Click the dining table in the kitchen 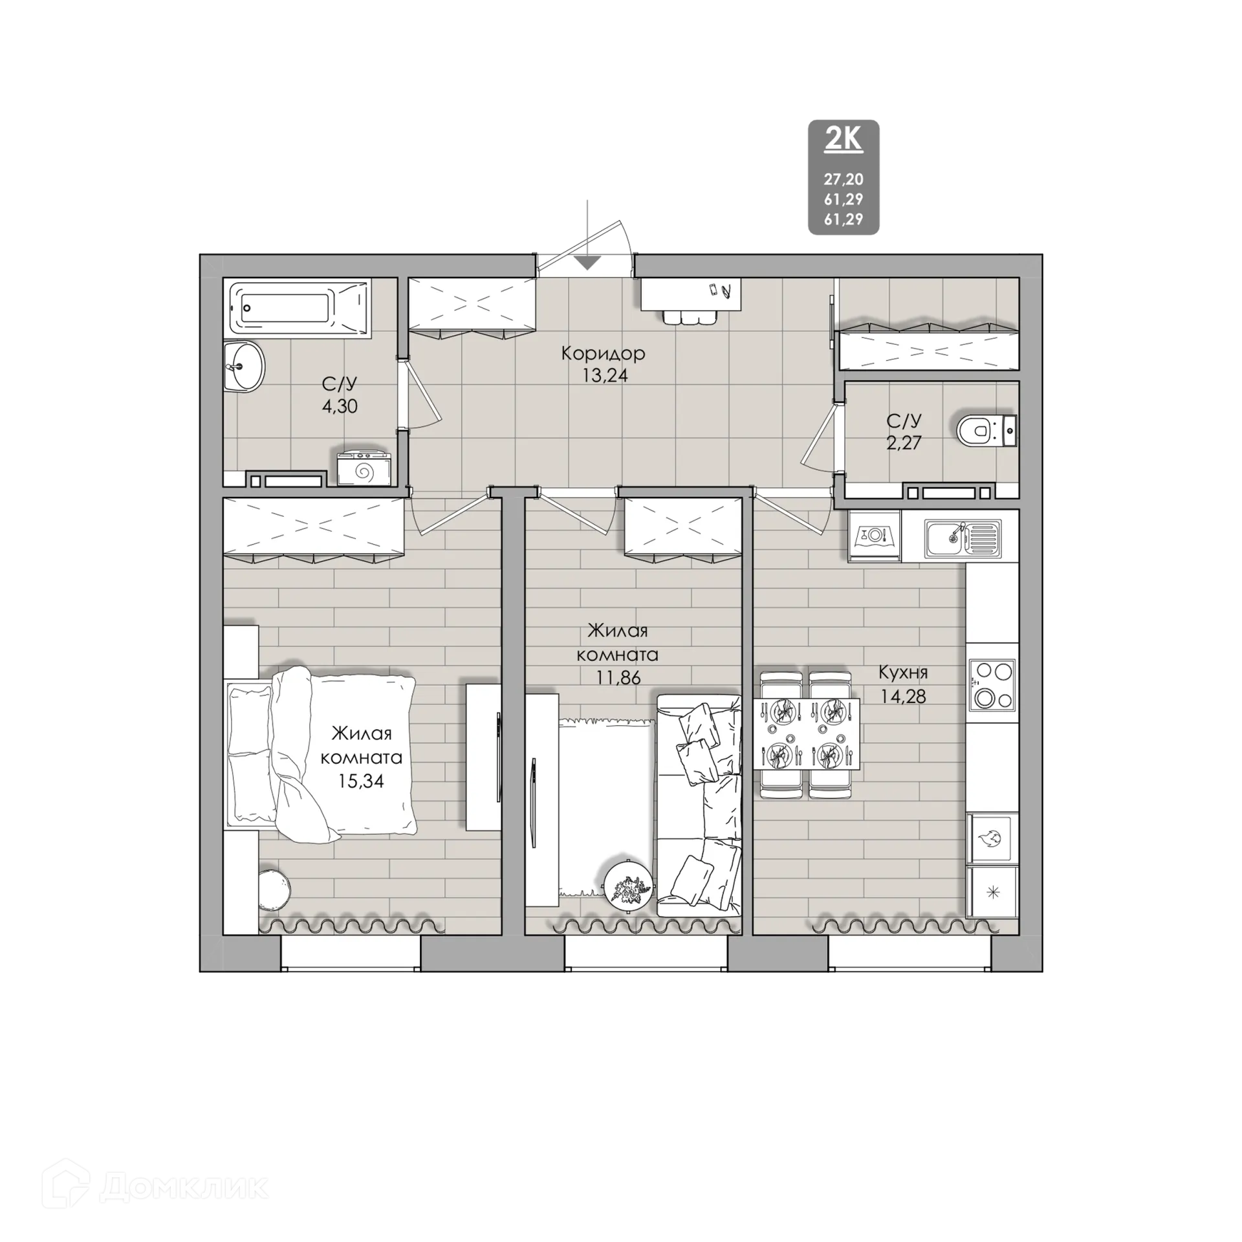[x=806, y=734]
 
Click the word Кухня [x=902, y=673]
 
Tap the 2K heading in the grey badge [x=844, y=140]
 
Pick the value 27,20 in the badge [x=844, y=179]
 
